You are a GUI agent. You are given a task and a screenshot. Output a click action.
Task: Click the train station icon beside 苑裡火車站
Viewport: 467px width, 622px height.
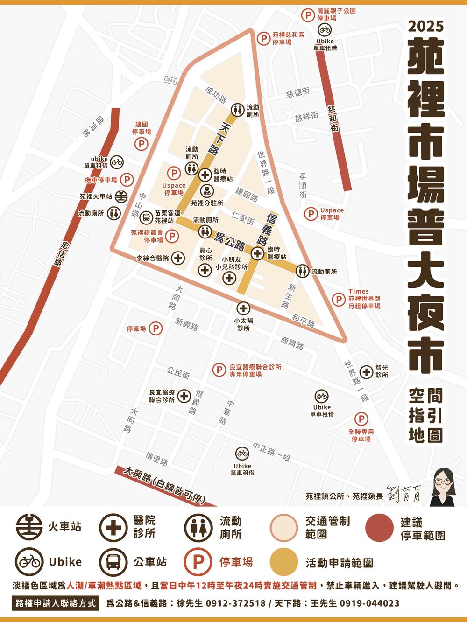click(x=121, y=196)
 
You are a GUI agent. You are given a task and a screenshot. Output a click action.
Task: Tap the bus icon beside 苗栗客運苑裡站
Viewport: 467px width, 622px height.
click(x=146, y=217)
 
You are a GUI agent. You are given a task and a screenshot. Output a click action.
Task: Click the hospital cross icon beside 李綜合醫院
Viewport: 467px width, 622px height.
click(x=177, y=258)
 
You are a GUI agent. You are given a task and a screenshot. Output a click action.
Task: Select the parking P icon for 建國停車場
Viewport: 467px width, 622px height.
click(x=142, y=144)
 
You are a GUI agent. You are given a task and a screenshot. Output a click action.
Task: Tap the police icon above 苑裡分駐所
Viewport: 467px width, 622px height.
click(x=207, y=190)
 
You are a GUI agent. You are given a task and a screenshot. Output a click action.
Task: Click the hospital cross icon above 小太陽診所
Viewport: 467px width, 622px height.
click(x=243, y=308)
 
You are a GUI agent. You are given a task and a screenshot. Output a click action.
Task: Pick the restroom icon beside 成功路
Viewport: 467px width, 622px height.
click(x=238, y=109)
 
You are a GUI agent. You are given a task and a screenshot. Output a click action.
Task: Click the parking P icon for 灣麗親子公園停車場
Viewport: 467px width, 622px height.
click(x=307, y=15)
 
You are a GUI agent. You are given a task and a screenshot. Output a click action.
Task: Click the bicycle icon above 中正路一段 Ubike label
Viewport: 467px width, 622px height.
click(x=242, y=453)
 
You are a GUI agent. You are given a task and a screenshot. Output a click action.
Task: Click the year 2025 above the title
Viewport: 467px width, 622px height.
click(x=425, y=26)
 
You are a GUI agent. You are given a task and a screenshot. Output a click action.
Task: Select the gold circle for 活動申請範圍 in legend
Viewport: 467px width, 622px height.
click(x=283, y=562)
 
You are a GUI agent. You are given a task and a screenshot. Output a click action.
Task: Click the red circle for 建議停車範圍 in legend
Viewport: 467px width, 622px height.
click(x=379, y=527)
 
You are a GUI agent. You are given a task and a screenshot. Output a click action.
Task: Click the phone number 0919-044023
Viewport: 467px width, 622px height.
click(x=369, y=603)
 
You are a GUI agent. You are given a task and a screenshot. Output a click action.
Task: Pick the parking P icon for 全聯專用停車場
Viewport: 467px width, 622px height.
click(x=361, y=419)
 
